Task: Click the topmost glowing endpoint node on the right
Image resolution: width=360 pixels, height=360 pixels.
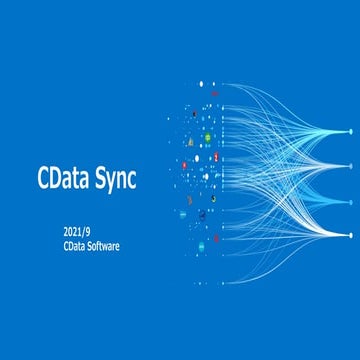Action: pos(350,131)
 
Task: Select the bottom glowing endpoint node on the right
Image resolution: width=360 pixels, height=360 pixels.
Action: pos(350,234)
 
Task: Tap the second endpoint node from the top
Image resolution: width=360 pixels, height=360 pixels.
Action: pos(350,165)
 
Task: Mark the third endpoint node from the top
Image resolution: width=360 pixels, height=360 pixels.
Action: pos(350,200)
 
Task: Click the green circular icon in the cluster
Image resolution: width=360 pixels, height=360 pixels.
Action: pos(207,138)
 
